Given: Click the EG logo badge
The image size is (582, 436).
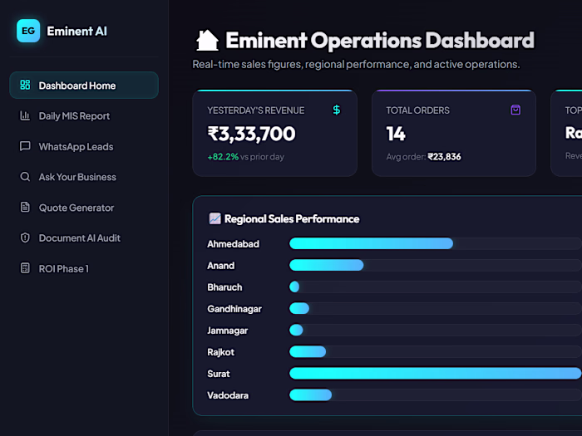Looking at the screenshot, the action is (28, 31).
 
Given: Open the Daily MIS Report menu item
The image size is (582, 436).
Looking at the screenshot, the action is (74, 116).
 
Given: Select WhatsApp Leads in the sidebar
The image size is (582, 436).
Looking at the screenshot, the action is (76, 147).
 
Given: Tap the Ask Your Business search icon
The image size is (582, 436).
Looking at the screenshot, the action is (25, 176).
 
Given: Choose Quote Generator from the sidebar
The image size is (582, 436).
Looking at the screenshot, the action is (76, 208).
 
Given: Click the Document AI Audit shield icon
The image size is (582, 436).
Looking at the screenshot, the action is (25, 238).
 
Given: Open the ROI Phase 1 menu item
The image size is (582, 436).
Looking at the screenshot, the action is (64, 269).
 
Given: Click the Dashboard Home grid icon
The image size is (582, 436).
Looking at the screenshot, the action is (25, 85).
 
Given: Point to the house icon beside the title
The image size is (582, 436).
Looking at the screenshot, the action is (207, 41).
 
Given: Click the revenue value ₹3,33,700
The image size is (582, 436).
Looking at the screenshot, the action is (251, 134).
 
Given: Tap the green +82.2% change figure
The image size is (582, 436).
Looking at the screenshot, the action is (223, 157).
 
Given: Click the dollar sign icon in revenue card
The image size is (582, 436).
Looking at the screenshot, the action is (337, 110).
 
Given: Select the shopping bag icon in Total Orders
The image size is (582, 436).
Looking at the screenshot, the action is (515, 110).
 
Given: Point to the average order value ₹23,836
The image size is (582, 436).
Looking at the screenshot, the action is (444, 157).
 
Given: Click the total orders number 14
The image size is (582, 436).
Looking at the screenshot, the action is (396, 134).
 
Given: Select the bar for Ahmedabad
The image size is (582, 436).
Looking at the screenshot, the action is (371, 243).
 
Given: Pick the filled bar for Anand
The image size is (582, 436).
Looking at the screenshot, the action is (327, 265).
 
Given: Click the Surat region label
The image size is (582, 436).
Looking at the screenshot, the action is (219, 374).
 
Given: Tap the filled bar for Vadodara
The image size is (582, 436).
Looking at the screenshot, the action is (311, 394).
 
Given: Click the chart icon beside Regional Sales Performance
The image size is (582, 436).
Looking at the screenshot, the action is (215, 218).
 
